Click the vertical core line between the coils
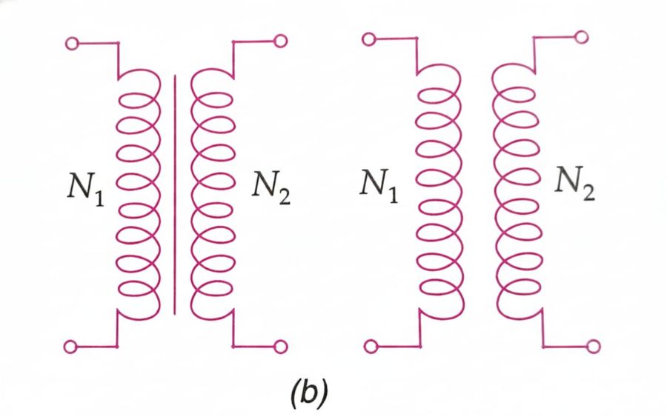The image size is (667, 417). click(x=176, y=193)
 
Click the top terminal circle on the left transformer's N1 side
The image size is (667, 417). click(x=72, y=44)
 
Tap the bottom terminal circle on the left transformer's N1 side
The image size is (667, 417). click(x=72, y=345)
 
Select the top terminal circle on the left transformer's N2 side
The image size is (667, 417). click(x=280, y=41)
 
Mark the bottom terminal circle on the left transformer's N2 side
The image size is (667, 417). click(x=280, y=345)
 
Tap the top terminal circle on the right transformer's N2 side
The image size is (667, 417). click(x=582, y=37)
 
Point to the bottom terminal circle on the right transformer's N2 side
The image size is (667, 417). click(x=592, y=345)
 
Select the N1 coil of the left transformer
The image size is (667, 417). click(x=139, y=193)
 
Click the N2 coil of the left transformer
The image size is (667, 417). click(x=213, y=193)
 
